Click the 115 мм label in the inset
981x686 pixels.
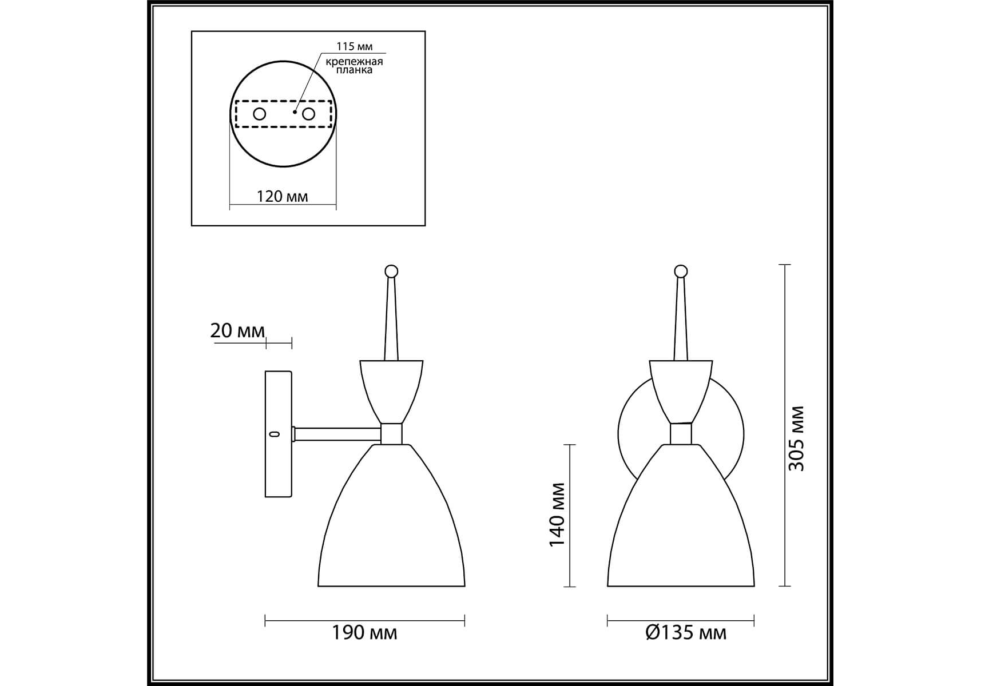[354, 47]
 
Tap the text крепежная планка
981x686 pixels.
[354, 66]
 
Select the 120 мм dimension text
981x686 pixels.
[283, 197]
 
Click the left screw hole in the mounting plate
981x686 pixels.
[260, 114]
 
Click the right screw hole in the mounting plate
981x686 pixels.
[309, 114]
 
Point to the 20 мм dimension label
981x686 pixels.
[237, 330]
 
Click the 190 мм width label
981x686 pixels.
[364, 632]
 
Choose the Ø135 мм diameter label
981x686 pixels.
[686, 632]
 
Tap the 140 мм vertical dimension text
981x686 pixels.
[557, 514]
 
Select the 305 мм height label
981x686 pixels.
[796, 438]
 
